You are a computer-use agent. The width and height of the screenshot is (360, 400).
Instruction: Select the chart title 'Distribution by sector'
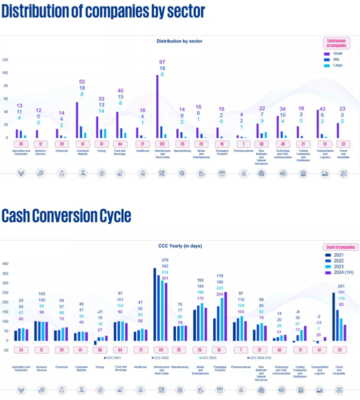pos(179,41)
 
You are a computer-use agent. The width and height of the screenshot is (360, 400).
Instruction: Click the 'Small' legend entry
pos(335,53)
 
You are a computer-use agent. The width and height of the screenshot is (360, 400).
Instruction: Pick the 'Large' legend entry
pos(335,65)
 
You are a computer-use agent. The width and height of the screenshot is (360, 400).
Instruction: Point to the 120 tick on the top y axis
pos(5,59)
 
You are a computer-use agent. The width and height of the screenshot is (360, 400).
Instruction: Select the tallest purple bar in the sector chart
pos(157,106)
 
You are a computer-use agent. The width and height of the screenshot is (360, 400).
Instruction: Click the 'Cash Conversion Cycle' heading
pos(66,216)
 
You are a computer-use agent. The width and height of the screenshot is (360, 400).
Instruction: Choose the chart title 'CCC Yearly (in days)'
pos(179,246)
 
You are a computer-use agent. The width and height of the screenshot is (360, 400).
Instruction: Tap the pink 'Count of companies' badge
pos(341,247)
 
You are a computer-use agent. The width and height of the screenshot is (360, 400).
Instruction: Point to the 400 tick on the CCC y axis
pos(5,264)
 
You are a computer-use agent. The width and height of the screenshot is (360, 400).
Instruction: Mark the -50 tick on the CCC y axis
pos(5,350)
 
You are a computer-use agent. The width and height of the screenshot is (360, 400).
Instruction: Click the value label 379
pos(165,260)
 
